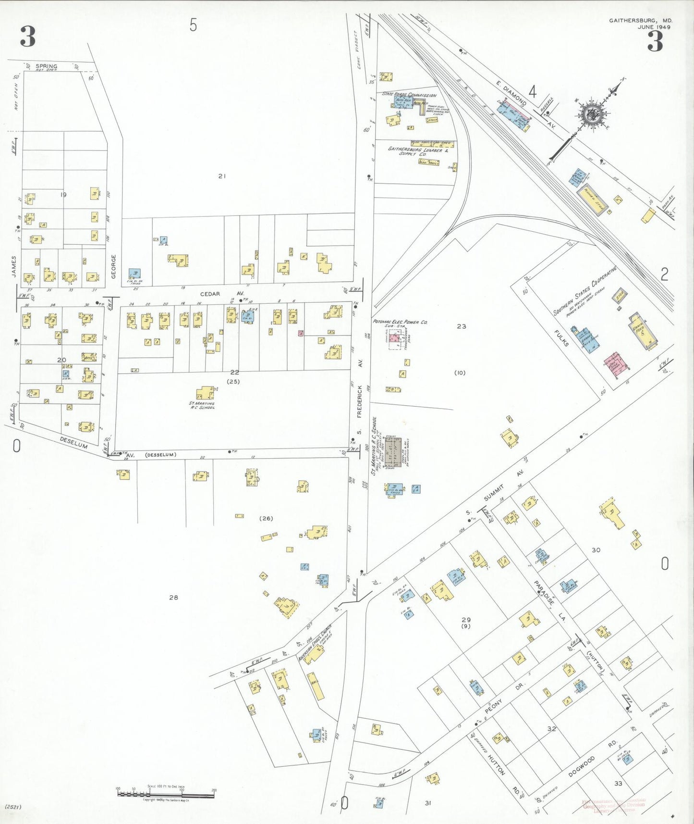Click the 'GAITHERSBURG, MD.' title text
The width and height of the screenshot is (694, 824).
[x=641, y=21]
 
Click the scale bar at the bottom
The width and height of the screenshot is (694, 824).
[x=166, y=792]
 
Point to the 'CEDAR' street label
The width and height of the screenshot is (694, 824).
[x=210, y=293]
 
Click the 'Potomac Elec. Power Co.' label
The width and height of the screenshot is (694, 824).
[x=400, y=322]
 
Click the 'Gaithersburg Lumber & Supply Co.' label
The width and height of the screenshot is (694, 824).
[x=417, y=151]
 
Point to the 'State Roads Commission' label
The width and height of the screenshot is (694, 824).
[x=409, y=95]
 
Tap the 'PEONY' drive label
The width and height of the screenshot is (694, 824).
[x=493, y=707]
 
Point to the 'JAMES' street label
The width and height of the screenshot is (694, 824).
[x=14, y=266]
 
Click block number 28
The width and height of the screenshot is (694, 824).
[x=173, y=598]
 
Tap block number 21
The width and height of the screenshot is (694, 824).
[x=221, y=176]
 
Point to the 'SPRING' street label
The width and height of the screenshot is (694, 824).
[x=46, y=66]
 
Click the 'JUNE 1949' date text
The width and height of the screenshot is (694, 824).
[x=653, y=27]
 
